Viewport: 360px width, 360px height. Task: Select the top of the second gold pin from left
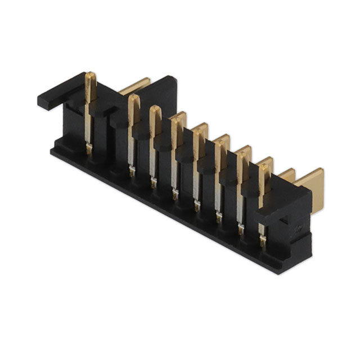click(134, 99)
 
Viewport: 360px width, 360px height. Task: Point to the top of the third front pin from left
click(155, 110)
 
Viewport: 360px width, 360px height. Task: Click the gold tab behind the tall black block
click(135, 85)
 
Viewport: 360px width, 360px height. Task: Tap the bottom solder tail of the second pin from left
click(132, 170)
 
